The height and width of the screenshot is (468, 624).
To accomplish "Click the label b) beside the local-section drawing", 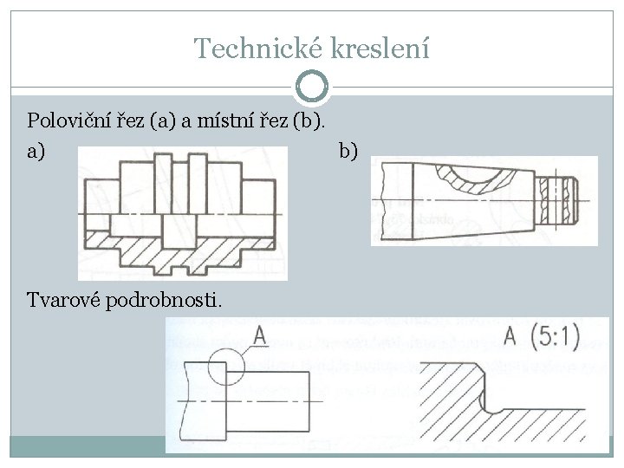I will (348, 152).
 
